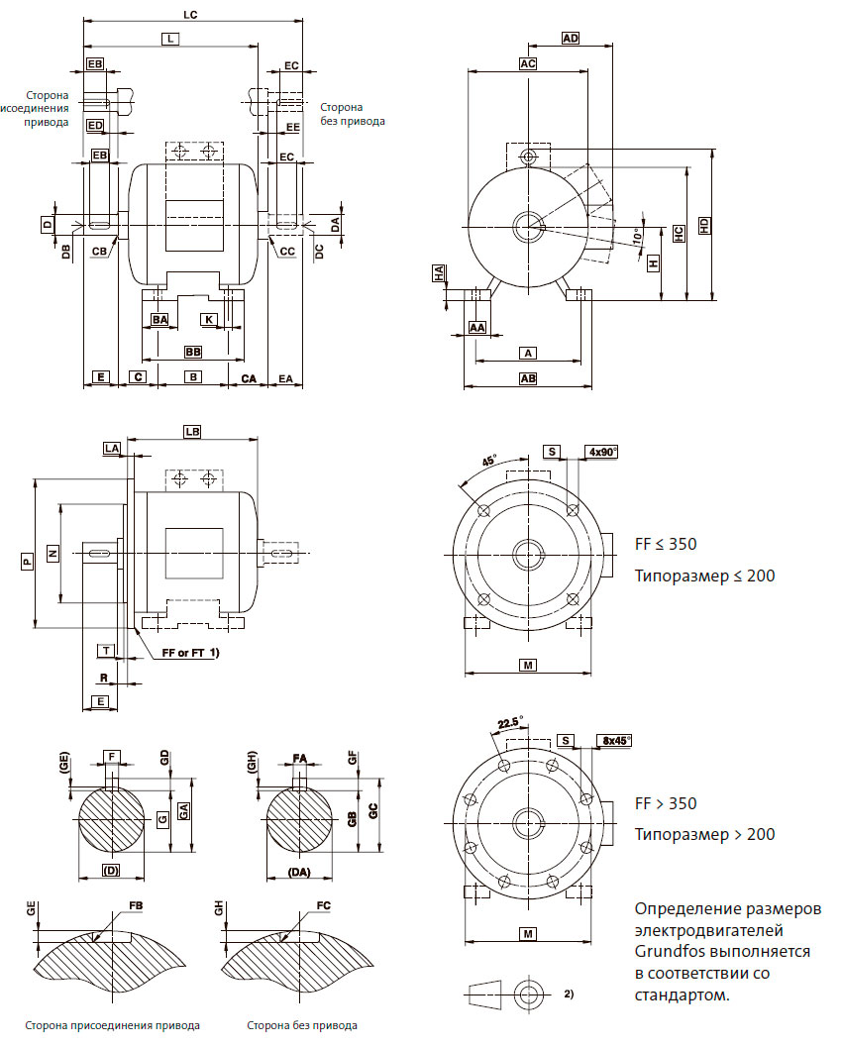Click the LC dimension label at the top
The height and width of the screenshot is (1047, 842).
(192, 14)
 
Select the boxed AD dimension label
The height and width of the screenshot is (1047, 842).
(570, 39)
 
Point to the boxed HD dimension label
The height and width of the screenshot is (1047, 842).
(704, 225)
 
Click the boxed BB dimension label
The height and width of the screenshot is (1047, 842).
(193, 352)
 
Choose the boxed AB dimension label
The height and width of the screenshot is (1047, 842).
(528, 378)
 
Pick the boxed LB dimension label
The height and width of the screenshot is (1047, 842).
(193, 432)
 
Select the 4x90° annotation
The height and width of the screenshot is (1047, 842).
(602, 452)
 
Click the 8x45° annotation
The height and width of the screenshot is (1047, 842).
(614, 740)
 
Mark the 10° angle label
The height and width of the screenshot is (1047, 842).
(636, 236)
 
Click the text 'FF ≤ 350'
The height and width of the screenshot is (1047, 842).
(666, 545)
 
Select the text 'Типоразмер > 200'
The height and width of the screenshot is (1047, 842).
(704, 834)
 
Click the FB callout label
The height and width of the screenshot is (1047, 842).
(136, 906)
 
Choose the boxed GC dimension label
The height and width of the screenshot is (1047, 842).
(372, 810)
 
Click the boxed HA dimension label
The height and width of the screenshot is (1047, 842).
(439, 274)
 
